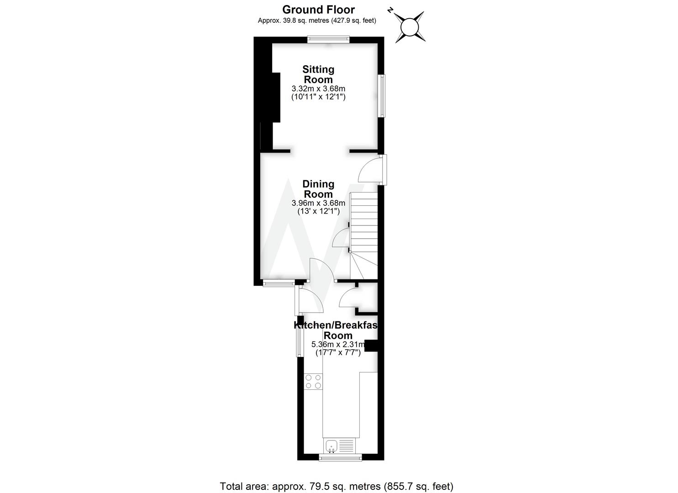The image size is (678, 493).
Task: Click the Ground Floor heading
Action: coord(318,10)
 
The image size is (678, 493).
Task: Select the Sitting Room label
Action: coord(318,74)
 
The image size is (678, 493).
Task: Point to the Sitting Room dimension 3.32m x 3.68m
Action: coord(318,89)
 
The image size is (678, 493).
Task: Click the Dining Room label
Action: coord(318,189)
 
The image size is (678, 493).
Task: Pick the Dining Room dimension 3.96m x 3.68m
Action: coord(318,203)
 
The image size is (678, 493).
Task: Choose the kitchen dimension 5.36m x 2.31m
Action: coord(338,345)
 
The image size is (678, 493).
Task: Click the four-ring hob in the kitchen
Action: coord(313,382)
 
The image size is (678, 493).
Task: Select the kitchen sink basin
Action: coord(331,445)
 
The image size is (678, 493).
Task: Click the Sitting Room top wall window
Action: coord(329,39)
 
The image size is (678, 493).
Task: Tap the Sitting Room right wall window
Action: coord(381,96)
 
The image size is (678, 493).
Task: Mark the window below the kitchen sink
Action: coord(341,457)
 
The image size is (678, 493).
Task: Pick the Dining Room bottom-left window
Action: coord(279,283)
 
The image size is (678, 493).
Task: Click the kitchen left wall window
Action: coord(300,342)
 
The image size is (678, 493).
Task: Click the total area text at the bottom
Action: coord(336,486)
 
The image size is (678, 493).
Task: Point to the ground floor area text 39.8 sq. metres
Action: coord(317,21)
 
